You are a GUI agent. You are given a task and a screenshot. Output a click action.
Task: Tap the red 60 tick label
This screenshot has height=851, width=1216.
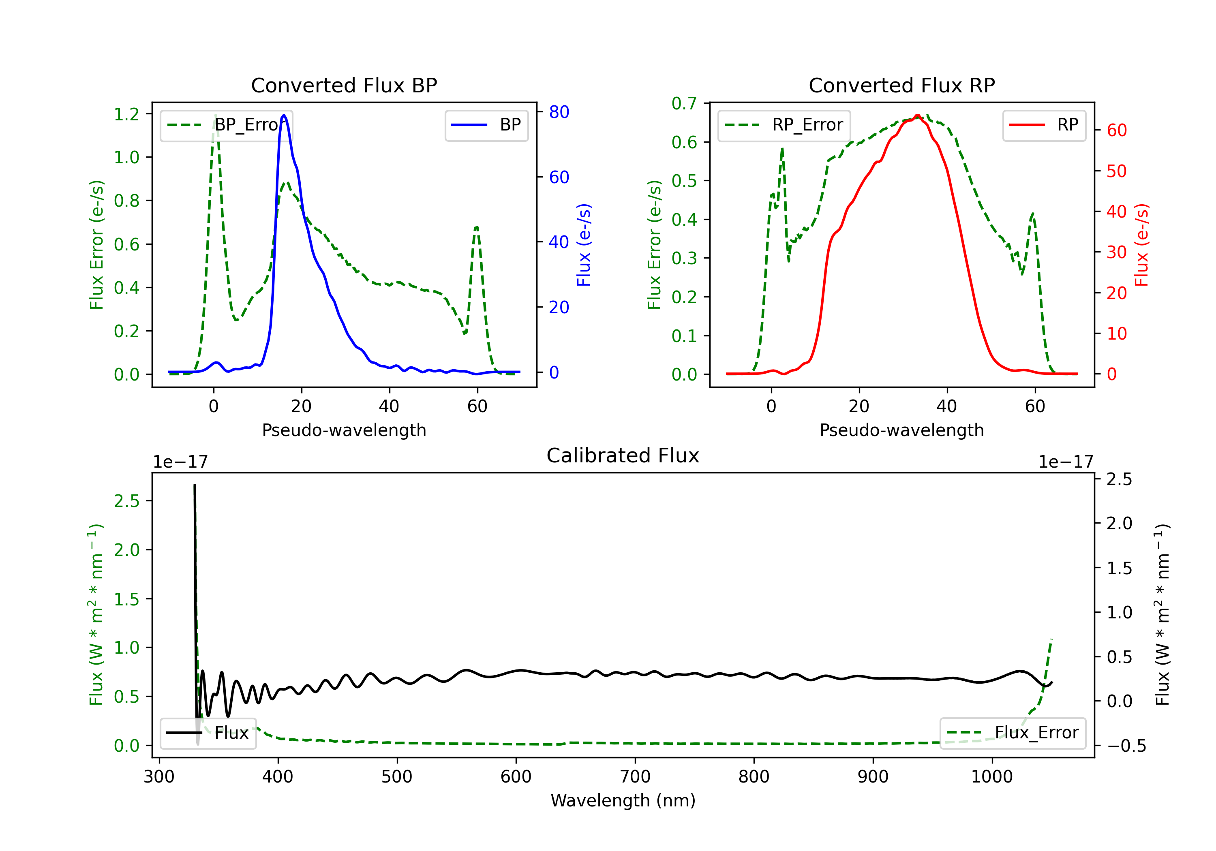(1116, 130)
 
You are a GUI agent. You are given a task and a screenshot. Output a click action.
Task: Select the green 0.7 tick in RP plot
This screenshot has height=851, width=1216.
(684, 103)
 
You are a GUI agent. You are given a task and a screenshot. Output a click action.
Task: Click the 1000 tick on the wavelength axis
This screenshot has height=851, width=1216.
(991, 777)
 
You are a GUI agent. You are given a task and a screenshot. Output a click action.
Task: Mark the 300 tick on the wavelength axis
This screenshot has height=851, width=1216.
(159, 777)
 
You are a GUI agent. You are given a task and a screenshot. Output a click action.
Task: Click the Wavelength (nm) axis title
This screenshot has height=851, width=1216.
(623, 800)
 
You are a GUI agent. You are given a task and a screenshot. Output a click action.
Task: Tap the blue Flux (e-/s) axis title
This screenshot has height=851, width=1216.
(584, 245)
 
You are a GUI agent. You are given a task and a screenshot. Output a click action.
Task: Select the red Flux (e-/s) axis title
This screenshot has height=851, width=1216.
(1141, 245)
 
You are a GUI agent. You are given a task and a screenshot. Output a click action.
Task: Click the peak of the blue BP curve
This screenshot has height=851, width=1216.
(284, 115)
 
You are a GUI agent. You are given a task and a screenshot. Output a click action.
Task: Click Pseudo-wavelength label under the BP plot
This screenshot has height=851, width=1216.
(344, 430)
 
